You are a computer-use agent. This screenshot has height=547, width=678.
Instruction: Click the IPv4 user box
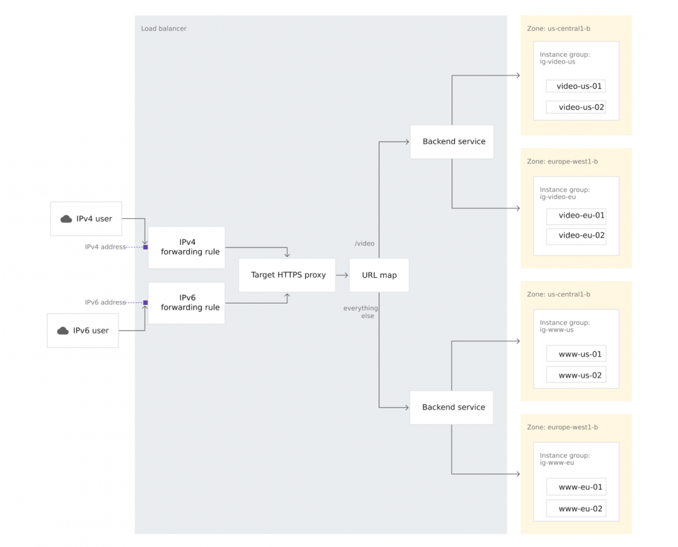tap(86, 219)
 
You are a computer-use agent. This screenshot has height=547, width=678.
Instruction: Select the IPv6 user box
tap(83, 331)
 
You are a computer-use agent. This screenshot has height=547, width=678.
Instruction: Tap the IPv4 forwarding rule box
tap(186, 247)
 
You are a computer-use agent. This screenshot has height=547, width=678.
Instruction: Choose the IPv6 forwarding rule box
tap(186, 303)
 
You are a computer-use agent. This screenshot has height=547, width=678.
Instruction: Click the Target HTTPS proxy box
tap(288, 275)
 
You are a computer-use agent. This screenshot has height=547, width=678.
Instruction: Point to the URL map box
tap(379, 275)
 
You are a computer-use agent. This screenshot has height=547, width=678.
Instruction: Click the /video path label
tap(364, 243)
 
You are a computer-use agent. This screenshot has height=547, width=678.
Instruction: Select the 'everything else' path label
tap(360, 312)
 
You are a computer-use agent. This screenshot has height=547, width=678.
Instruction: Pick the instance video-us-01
tap(575, 87)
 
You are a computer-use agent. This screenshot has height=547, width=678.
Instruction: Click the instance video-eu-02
tap(575, 235)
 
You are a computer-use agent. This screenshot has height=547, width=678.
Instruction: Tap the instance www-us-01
tap(575, 354)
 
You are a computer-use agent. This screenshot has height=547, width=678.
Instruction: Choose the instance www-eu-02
tap(575, 509)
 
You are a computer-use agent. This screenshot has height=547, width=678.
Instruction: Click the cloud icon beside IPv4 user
tap(66, 219)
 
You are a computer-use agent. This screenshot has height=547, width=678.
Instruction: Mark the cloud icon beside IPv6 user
tap(63, 331)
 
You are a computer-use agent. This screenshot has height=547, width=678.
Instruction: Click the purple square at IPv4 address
tap(146, 247)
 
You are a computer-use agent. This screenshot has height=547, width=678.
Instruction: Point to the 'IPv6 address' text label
tap(105, 302)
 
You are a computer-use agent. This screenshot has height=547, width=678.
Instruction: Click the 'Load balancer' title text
tap(164, 28)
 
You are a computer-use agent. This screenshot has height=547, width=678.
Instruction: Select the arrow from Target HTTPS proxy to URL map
tap(342, 275)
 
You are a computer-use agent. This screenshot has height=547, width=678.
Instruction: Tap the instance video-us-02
tap(575, 107)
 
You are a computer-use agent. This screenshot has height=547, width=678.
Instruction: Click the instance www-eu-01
tap(575, 487)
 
